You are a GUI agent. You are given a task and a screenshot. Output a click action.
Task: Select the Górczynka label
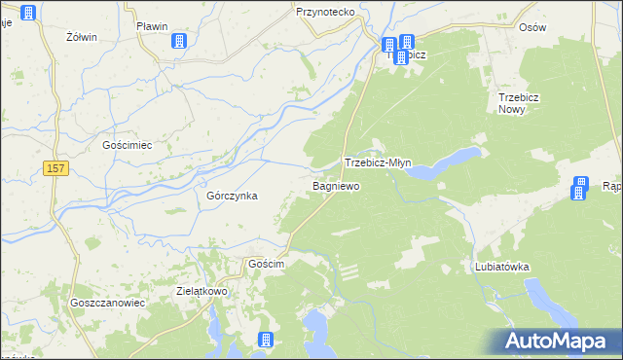(232, 195)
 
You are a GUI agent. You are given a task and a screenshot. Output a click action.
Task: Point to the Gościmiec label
(128, 144)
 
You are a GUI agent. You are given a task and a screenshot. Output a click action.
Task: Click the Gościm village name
(266, 265)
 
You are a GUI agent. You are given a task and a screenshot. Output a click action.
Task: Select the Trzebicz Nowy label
(526, 104)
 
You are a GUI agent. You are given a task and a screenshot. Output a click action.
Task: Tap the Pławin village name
(153, 26)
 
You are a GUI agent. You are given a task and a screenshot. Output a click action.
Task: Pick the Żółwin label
(82, 37)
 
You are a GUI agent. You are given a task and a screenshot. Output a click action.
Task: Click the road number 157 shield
(56, 169)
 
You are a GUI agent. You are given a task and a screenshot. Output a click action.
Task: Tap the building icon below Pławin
(179, 41)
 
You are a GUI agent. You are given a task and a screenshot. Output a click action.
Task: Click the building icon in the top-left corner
(28, 13)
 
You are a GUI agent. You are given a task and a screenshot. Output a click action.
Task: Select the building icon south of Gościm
(264, 340)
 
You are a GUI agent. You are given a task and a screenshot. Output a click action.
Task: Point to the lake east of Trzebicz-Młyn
(442, 164)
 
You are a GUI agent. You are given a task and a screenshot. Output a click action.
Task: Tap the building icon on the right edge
(580, 187)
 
